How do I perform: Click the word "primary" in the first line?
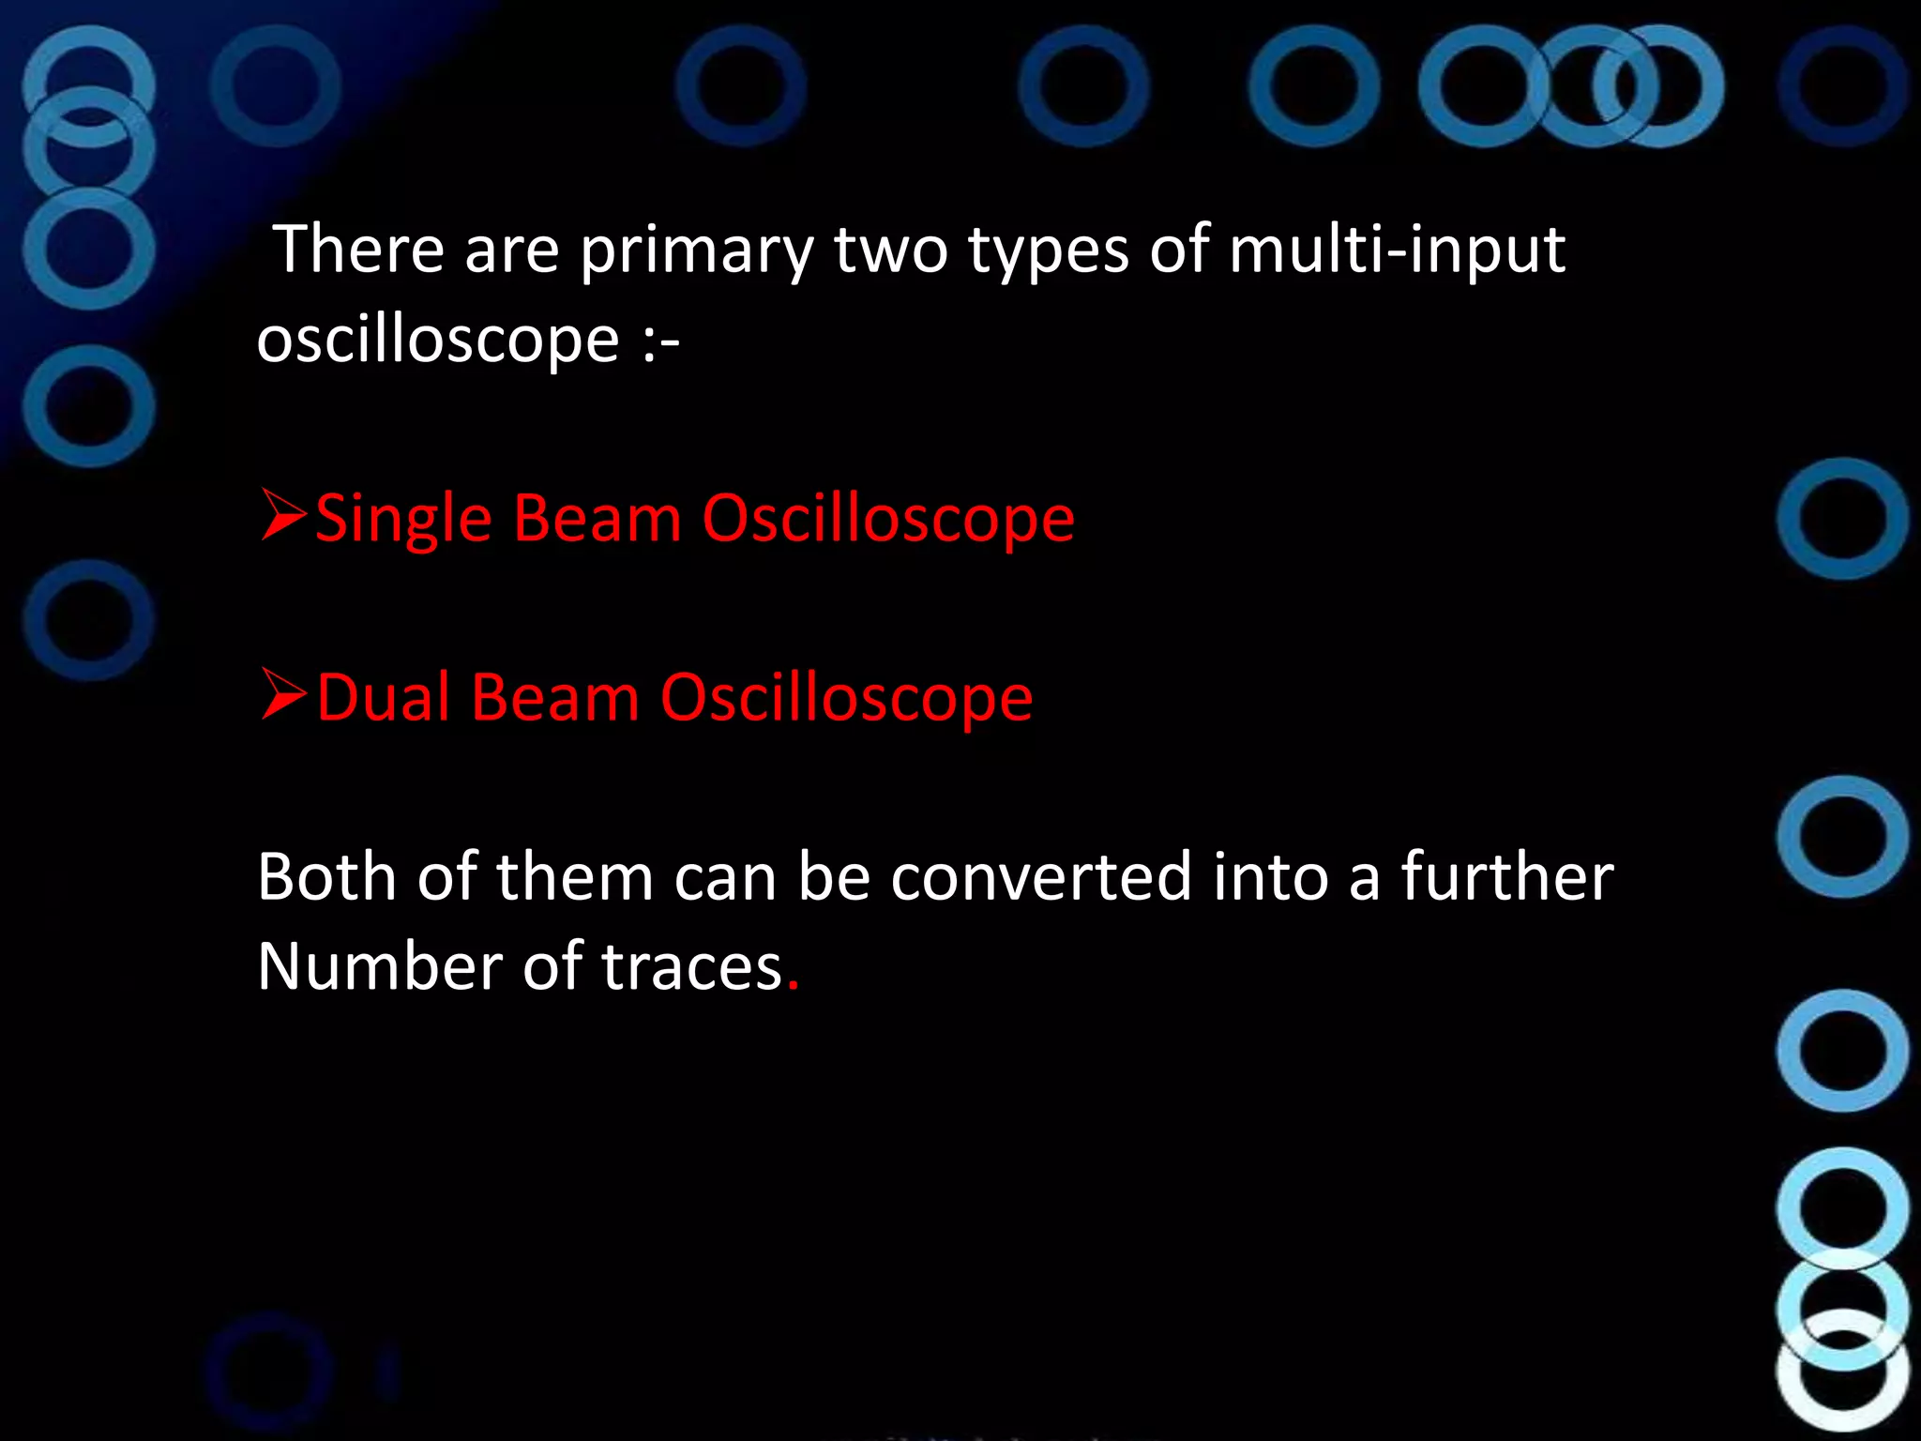click(696, 251)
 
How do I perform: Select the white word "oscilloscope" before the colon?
click(438, 340)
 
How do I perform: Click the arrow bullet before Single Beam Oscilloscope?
click(283, 515)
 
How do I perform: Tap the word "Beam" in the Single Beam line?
click(597, 518)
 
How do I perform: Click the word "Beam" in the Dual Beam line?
click(555, 698)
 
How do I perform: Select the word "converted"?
click(1041, 877)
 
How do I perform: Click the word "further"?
click(1507, 877)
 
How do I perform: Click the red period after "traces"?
click(793, 985)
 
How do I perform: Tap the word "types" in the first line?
click(1048, 251)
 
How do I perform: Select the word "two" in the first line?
click(890, 251)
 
